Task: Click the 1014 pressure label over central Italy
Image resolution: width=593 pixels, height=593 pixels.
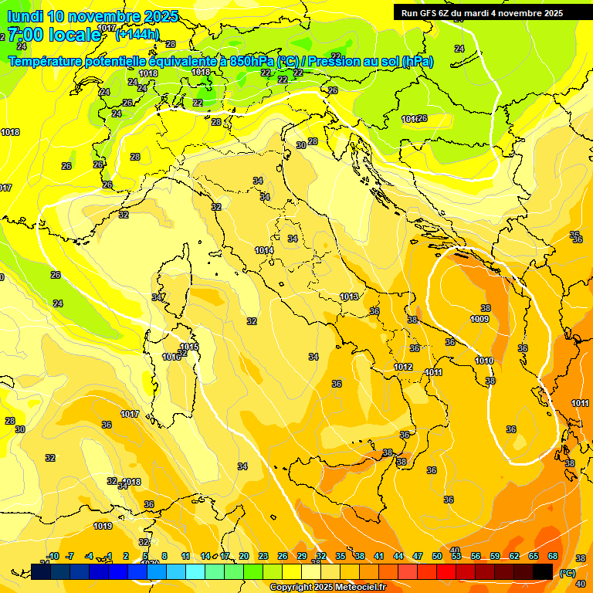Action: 264,250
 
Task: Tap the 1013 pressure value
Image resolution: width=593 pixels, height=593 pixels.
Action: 349,296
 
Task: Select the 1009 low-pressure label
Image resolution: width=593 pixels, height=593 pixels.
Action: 479,319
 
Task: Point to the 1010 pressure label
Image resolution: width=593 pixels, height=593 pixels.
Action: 484,361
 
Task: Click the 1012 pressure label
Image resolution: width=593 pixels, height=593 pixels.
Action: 403,367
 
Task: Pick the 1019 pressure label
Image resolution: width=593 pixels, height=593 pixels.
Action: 103,526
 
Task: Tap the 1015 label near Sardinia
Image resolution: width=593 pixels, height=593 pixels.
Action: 190,347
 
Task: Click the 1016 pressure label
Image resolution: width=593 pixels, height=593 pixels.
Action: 171,357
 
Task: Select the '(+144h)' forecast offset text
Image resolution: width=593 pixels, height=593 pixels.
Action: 137,34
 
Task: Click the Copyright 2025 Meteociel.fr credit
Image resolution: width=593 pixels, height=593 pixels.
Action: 327,587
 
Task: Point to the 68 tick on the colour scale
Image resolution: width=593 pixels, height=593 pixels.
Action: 553,556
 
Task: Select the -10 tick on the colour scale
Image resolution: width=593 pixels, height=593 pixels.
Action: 53,556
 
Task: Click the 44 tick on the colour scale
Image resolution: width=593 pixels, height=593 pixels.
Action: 398,556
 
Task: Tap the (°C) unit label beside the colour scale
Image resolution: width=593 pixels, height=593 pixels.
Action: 567,573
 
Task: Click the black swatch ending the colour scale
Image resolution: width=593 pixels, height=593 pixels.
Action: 543,572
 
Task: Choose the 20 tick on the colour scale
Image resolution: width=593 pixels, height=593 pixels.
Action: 244,556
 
